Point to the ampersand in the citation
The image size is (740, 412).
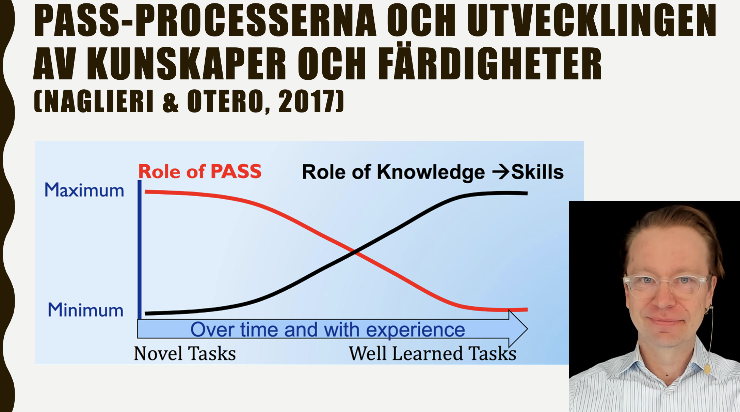click(171, 102)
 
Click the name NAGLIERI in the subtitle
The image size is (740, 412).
click(99, 101)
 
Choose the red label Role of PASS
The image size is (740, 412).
click(200, 171)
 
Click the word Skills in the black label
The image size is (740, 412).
click(537, 172)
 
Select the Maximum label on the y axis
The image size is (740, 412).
click(84, 190)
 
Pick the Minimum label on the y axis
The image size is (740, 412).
click(85, 310)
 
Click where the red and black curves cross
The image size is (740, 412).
click(355, 253)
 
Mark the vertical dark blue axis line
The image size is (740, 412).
click(140, 249)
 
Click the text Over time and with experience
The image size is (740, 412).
click(327, 330)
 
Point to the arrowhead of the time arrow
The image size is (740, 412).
click(518, 329)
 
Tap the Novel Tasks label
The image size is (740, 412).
click(185, 353)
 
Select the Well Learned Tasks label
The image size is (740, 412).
click(433, 353)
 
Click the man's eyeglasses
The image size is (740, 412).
click(667, 286)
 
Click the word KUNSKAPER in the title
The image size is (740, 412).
click(187, 63)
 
